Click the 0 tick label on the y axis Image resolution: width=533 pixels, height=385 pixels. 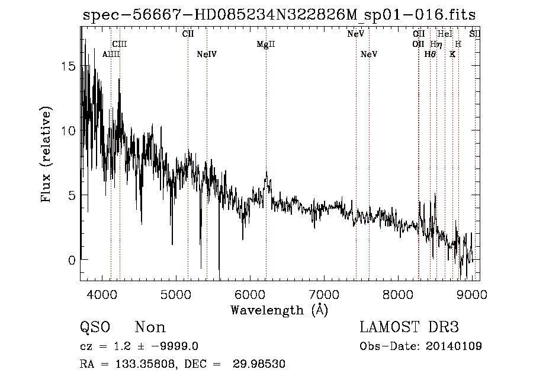tap(72, 260)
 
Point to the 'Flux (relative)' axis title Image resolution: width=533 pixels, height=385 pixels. tap(46, 154)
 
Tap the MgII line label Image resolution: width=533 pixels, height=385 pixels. tap(266, 44)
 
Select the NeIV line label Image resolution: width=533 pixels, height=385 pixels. tap(207, 55)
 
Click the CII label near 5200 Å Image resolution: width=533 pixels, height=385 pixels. tap(188, 34)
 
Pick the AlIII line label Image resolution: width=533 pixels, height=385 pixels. tap(111, 55)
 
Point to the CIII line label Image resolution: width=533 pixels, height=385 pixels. tap(120, 44)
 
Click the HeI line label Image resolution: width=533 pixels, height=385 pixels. tap(445, 34)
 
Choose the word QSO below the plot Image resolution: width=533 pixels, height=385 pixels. tap(95, 327)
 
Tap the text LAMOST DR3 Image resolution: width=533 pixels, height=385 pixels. tap(409, 327)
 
